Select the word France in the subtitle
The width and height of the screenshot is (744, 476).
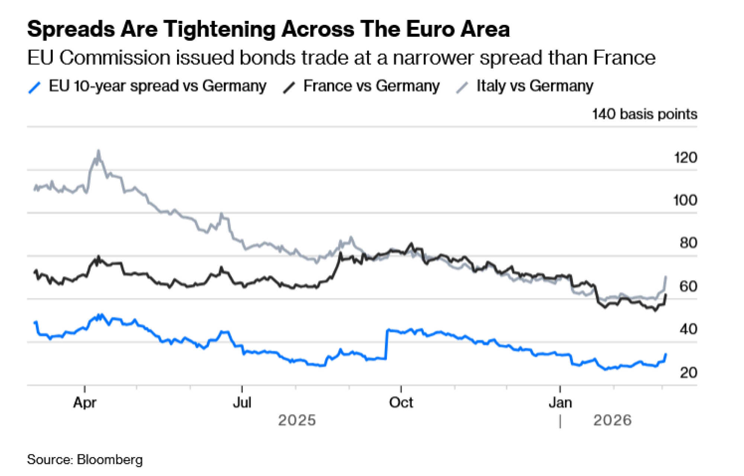click(x=624, y=58)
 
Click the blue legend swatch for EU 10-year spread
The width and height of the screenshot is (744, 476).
click(x=34, y=88)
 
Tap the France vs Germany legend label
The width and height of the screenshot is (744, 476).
click(x=371, y=86)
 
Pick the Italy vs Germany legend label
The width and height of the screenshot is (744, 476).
click(x=535, y=86)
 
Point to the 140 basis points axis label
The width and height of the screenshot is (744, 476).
click(x=644, y=114)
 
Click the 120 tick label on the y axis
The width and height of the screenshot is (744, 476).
click(x=685, y=158)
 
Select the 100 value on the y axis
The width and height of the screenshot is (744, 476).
click(x=685, y=201)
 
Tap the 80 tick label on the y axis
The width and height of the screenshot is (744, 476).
click(x=688, y=243)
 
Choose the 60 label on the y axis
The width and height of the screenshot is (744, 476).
click(x=688, y=286)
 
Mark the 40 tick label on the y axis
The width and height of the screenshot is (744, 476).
click(x=688, y=329)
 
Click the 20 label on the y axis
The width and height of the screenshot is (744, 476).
click(x=688, y=373)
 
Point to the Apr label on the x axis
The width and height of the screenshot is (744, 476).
click(x=85, y=402)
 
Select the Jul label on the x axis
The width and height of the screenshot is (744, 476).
click(x=242, y=402)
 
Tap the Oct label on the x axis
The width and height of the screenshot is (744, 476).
click(x=401, y=402)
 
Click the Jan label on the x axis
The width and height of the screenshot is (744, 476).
click(x=560, y=402)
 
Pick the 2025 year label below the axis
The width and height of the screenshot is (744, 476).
click(x=297, y=421)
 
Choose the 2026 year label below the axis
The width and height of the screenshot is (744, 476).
click(x=612, y=421)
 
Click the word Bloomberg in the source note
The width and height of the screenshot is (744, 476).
click(x=110, y=460)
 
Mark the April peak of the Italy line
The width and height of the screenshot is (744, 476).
click(x=99, y=151)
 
